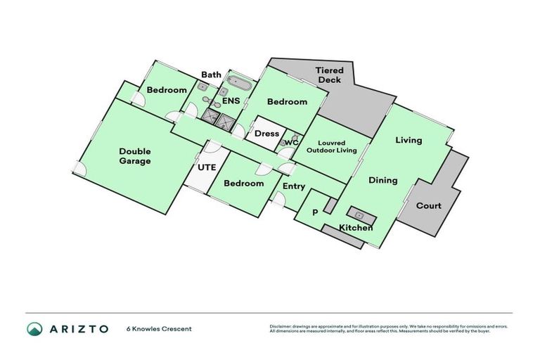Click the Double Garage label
click(x=134, y=156)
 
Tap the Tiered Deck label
click(x=328, y=75)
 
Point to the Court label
click(x=429, y=206)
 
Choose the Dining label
click(x=382, y=181)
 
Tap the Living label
click(x=409, y=140)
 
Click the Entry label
click(x=294, y=186)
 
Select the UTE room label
click(x=206, y=168)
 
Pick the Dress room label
click(x=266, y=134)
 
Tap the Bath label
click(x=211, y=75)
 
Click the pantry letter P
click(x=315, y=212)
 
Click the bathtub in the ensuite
click(x=238, y=85)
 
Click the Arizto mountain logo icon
click(x=34, y=328)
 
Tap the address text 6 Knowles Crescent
click(x=159, y=328)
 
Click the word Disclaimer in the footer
click(x=281, y=326)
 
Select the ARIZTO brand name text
click(x=79, y=328)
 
